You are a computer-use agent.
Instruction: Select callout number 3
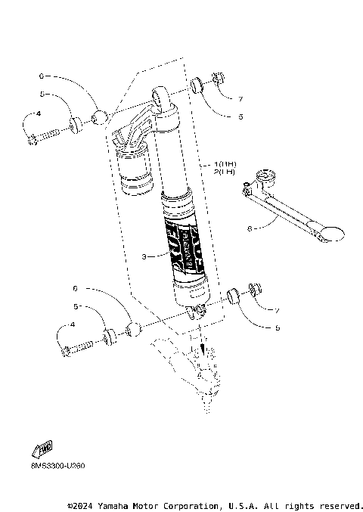coord(144,257)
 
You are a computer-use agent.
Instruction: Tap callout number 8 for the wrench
coord(250,225)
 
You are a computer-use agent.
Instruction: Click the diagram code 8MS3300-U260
coord(53,465)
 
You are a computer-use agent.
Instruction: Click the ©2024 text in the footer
coord(81,504)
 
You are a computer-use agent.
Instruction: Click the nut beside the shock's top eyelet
coord(217,79)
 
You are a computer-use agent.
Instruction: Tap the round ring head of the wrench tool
coord(265,179)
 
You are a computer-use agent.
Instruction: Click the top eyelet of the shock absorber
coord(163,95)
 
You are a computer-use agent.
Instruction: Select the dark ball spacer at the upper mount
coord(98,116)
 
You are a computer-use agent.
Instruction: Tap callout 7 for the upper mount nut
coord(240,99)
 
